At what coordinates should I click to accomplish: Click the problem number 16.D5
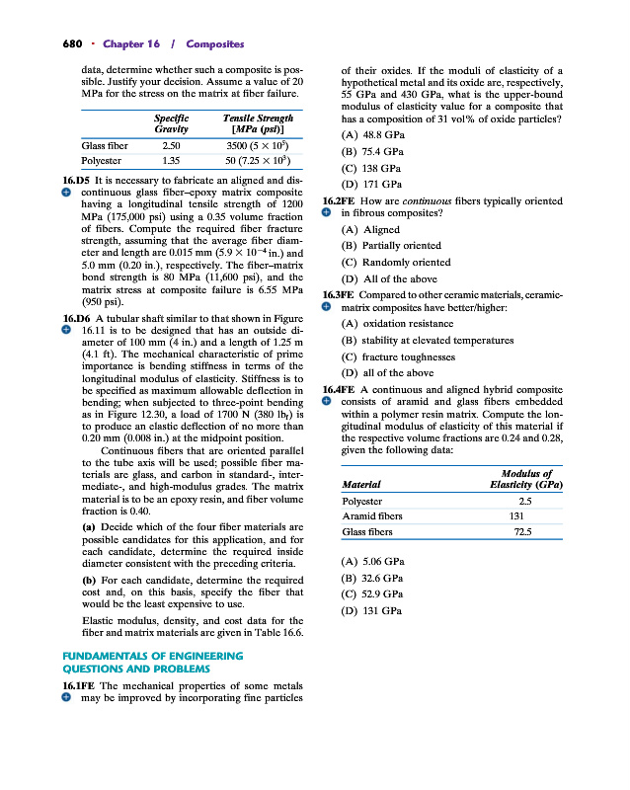[79, 181]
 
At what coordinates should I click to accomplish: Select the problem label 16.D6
[79, 318]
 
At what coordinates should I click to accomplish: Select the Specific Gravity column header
[171, 123]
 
